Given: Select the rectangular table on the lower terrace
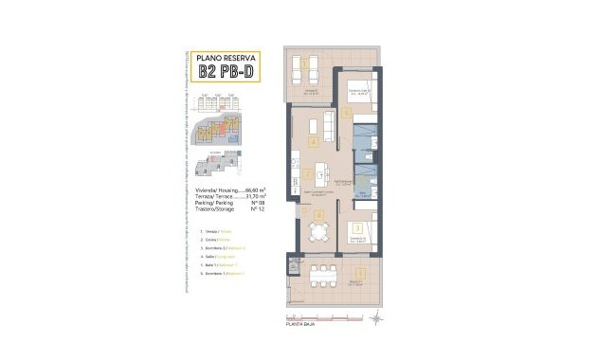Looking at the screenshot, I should [325, 274].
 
